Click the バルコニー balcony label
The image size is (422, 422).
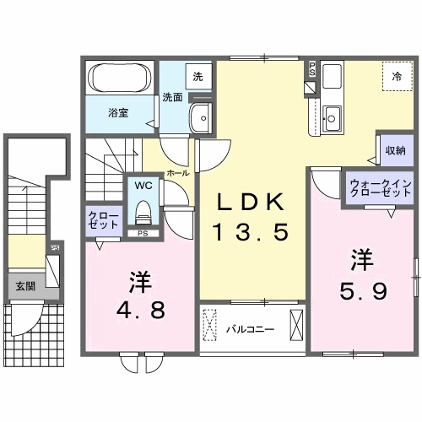pos(249,328)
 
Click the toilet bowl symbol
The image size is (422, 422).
pos(142,208)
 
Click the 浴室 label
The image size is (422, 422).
pos(117,112)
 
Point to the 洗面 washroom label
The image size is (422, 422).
pos(173,96)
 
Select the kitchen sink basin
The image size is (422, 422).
pos(332,117)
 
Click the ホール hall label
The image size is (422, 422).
pos(178,171)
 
